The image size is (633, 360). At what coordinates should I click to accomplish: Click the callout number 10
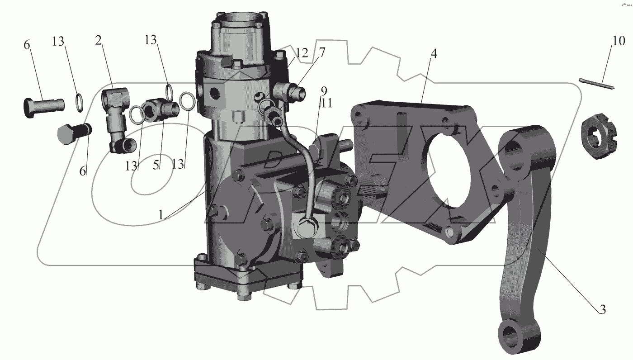pos(619,41)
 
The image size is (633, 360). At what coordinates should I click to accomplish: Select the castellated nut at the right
pos(599,136)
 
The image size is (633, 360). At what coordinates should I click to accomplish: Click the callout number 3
pos(602,310)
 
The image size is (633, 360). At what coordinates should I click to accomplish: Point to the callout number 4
pos(434,54)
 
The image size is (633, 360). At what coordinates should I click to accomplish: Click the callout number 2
pos(98,40)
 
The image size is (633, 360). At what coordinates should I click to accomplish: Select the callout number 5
pos(156,166)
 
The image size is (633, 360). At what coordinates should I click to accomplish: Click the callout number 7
pos(322,52)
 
